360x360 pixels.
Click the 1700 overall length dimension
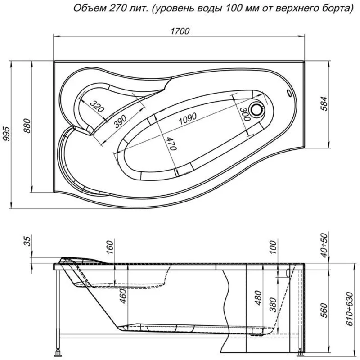(x=180, y=31)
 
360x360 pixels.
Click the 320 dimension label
(x=96, y=106)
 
